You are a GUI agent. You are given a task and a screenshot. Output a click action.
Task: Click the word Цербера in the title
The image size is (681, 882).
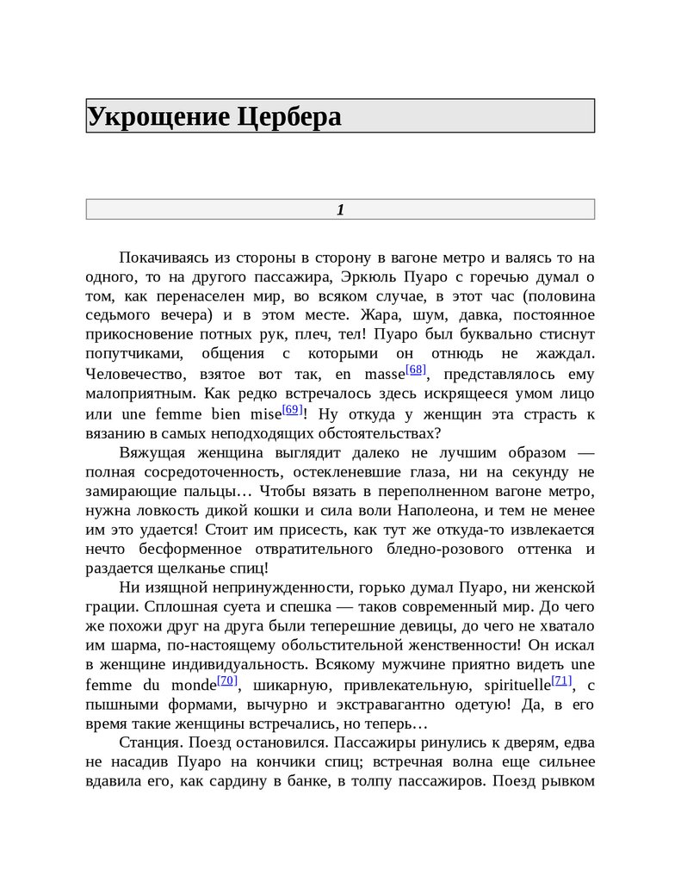tap(289, 116)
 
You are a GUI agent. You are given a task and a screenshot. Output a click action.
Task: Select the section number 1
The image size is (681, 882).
tap(340, 209)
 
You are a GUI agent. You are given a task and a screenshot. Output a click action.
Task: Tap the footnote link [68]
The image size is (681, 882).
tap(417, 370)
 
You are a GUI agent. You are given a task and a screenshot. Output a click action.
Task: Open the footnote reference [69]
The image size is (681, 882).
tap(293, 409)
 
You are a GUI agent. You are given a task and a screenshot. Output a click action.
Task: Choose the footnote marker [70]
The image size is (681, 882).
tap(227, 680)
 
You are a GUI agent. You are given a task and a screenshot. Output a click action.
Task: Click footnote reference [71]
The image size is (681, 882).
tap(561, 680)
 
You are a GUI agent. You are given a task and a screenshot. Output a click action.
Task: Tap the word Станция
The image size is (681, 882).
tap(148, 742)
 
